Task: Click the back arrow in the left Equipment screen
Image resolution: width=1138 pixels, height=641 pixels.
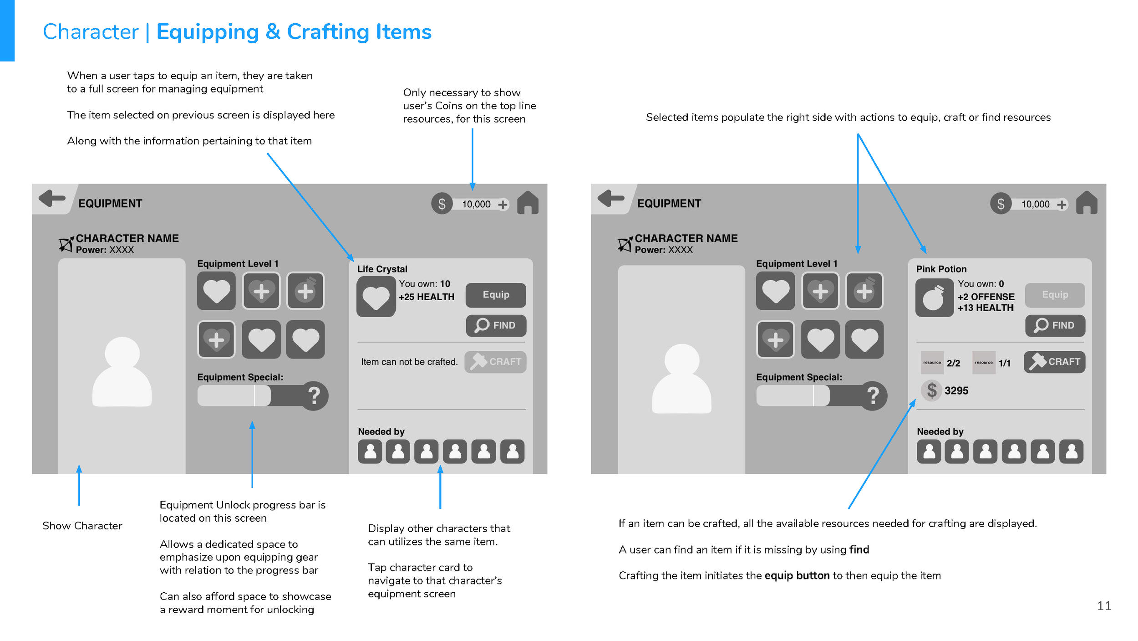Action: coord(52,198)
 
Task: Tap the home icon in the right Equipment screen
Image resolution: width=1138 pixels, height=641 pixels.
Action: coord(1087,203)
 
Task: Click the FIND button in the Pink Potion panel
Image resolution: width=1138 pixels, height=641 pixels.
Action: coord(1055,325)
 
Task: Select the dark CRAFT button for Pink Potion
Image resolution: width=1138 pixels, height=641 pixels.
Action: coord(1054,362)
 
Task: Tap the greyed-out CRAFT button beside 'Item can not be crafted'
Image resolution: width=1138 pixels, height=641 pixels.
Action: coord(495,362)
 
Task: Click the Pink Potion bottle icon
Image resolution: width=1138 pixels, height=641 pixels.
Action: coord(934,298)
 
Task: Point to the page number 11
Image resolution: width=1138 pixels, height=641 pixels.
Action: coord(1104,605)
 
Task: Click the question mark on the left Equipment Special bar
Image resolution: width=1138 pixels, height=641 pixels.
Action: coord(314,395)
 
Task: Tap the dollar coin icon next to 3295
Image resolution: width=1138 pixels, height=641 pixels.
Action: coord(931,390)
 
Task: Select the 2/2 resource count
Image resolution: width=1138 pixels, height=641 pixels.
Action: coord(953,363)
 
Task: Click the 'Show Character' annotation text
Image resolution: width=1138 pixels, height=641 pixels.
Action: coord(82,526)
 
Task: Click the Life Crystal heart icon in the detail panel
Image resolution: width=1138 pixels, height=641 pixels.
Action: coord(376,297)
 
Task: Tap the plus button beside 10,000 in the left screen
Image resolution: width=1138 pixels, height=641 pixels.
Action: coord(503,205)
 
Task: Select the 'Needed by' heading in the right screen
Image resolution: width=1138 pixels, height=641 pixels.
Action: coord(940,431)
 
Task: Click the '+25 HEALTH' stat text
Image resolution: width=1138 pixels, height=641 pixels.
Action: coord(427,297)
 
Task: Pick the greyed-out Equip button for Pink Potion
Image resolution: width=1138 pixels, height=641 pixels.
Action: coord(1055,295)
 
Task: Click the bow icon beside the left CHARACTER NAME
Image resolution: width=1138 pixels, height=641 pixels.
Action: coord(66,244)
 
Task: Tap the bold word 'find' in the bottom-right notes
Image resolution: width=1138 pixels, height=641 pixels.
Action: coord(859,549)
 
